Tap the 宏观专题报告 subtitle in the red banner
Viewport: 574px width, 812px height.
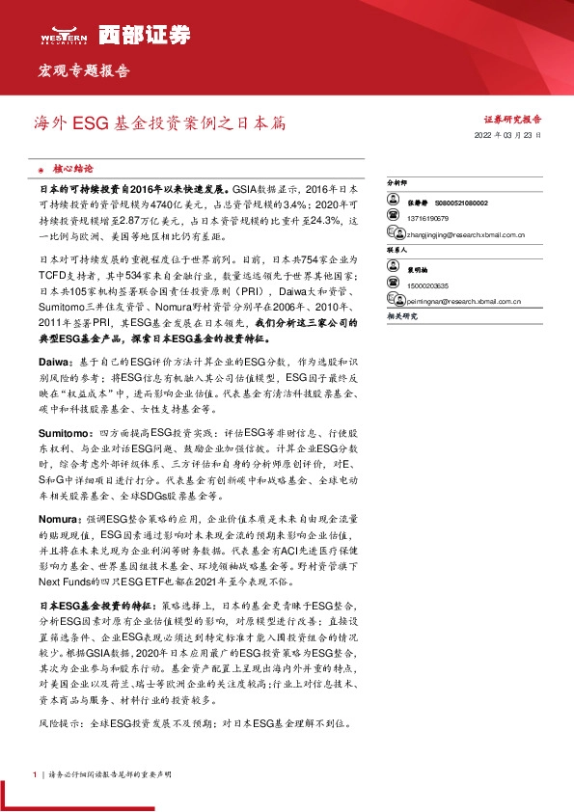click(x=83, y=71)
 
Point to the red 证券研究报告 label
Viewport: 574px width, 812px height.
click(x=512, y=120)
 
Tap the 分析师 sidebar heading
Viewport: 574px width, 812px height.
click(x=397, y=181)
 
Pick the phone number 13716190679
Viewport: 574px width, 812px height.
click(x=430, y=219)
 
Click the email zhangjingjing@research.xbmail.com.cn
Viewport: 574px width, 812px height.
click(x=466, y=233)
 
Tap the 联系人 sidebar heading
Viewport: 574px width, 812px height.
click(x=397, y=249)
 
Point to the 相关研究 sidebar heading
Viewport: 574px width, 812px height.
click(x=400, y=316)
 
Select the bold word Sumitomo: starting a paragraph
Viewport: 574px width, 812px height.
click(x=64, y=435)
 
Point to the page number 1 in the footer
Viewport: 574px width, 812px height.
click(x=35, y=774)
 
